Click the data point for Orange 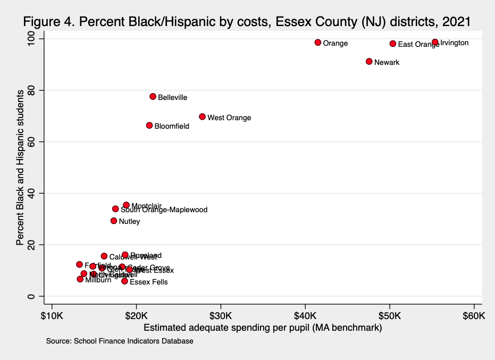click(318, 43)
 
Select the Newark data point click(369, 62)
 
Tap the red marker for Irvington click(435, 42)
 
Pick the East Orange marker click(393, 44)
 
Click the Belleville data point click(153, 97)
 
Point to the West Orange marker click(202, 116)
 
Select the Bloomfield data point click(149, 125)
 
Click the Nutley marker click(114, 221)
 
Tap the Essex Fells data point click(124, 281)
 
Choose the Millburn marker click(80, 279)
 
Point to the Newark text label click(387, 62)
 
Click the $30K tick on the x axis click(221, 315)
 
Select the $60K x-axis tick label click(474, 315)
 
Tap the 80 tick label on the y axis click(39, 90)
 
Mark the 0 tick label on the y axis click(39, 296)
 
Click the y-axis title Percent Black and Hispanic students click(20, 168)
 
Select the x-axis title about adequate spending click(263, 328)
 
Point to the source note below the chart click(120, 341)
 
